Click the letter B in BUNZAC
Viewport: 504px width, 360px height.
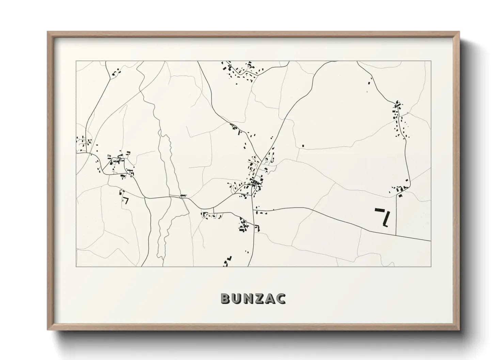(226, 298)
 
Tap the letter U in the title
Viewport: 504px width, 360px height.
(237, 298)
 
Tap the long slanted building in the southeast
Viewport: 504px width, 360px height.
(386, 219)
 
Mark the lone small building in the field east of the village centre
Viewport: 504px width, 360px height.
(303, 146)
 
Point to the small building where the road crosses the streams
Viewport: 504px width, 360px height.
(183, 195)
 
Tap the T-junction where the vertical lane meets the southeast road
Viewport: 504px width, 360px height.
(396, 235)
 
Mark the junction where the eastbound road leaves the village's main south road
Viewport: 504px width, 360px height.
(254, 210)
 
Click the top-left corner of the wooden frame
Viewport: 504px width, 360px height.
(48, 32)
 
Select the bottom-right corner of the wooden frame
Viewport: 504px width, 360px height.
(460, 330)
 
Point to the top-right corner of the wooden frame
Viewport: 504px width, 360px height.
(460, 32)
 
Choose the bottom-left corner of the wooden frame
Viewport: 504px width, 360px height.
(48, 330)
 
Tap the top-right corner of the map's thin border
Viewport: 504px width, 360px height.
(431, 61)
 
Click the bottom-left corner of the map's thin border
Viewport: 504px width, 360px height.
(76, 267)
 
